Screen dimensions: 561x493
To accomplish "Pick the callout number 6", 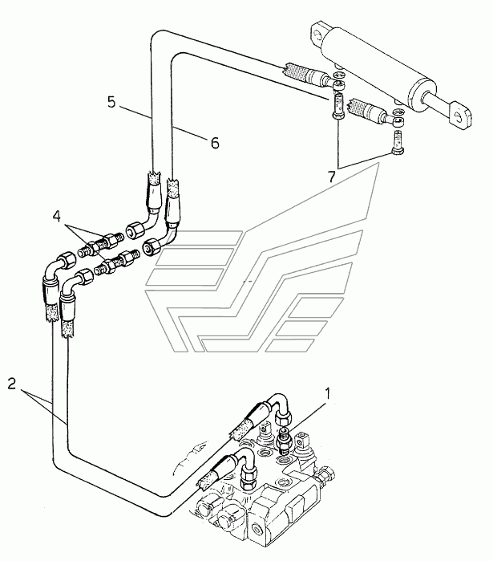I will tap(213, 143).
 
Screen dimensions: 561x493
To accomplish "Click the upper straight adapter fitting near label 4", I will tap(109, 240).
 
